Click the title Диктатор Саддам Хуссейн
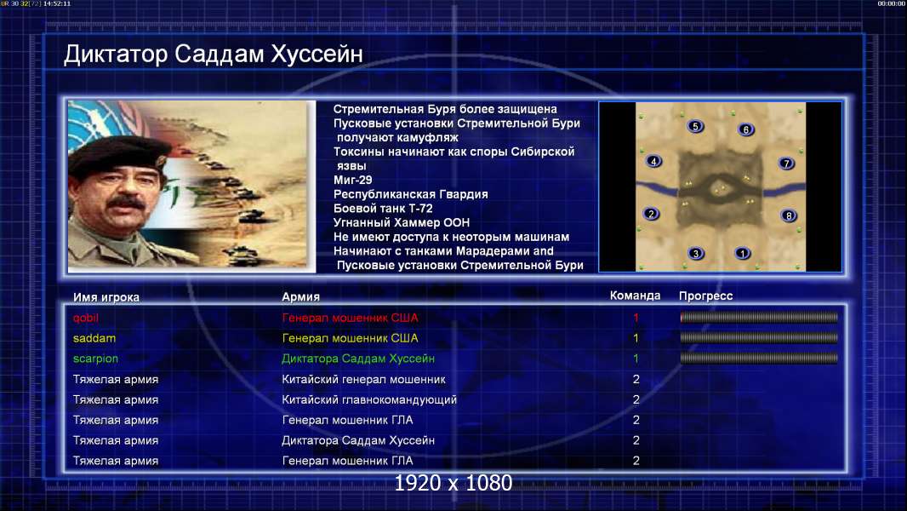(214, 55)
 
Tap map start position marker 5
(695, 126)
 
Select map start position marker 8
(789, 215)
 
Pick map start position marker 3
(696, 253)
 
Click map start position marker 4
(653, 162)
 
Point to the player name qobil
(86, 319)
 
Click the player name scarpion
(95, 359)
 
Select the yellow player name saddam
(94, 338)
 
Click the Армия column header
(301, 297)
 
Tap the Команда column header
(635, 296)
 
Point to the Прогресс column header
(705, 296)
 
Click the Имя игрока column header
(106, 297)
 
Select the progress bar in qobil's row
(759, 317)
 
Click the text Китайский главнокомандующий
(369, 400)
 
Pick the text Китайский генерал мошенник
(364, 380)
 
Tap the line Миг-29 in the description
(353, 180)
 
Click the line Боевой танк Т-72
(383, 209)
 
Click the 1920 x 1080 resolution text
(453, 483)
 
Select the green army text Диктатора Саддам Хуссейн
(358, 359)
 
